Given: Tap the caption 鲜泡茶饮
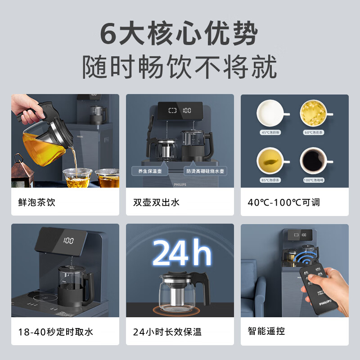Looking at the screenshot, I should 34,202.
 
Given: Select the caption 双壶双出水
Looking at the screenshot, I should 156,202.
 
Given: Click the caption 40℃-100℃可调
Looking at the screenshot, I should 283,202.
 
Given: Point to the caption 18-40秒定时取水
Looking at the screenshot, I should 56,332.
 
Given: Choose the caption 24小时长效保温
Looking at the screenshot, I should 167,332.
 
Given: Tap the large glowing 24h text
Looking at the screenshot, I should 182,253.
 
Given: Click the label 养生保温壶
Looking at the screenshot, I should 150,171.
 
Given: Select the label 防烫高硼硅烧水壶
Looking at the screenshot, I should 206,171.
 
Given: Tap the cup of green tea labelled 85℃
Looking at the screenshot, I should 270,160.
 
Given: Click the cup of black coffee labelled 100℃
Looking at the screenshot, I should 314,160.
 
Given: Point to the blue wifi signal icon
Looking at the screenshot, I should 305,260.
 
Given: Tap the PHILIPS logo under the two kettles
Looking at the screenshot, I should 180,184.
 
